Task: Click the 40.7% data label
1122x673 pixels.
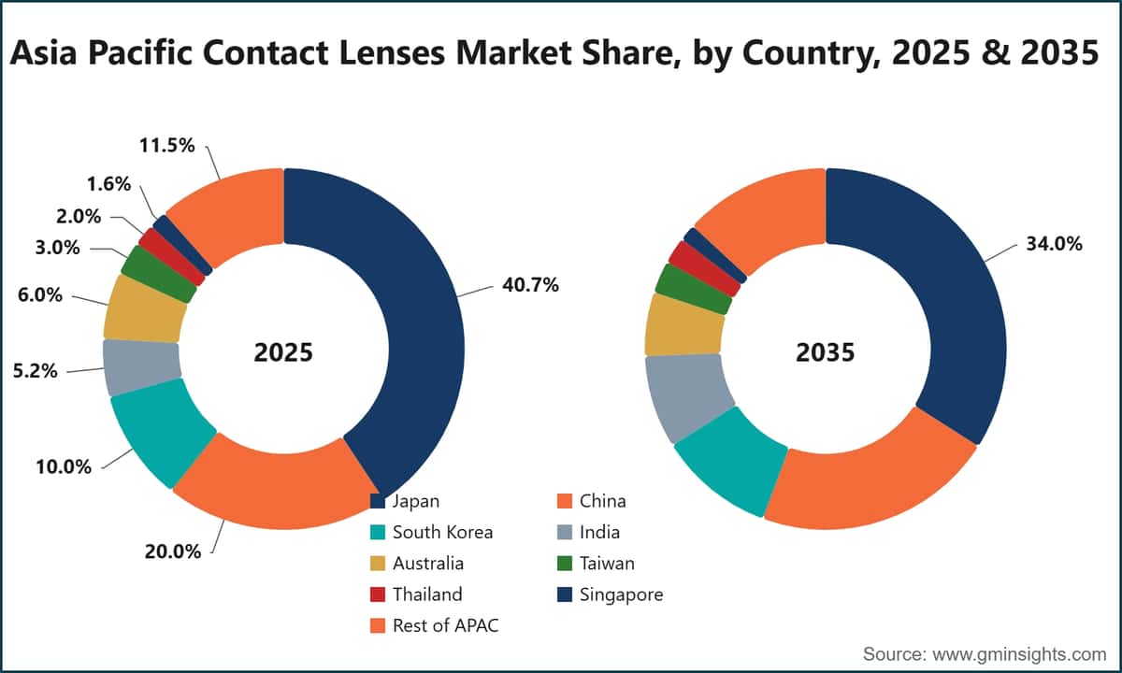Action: [x=530, y=285]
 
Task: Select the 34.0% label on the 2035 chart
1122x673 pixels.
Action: [x=1054, y=244]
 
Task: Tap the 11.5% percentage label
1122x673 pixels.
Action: [x=166, y=145]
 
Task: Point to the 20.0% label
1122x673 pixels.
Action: [x=173, y=551]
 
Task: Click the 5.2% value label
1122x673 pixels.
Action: [x=36, y=371]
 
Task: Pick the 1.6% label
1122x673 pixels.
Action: [x=108, y=184]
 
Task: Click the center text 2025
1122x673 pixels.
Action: [x=283, y=352]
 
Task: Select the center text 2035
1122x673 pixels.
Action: [x=825, y=352]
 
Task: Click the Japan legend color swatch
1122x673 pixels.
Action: [x=377, y=501]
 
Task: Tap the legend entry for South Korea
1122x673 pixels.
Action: [x=431, y=532]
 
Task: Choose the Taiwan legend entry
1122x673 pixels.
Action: [x=597, y=564]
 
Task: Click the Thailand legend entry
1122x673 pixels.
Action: [x=416, y=594]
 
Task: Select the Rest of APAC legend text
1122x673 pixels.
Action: [x=446, y=625]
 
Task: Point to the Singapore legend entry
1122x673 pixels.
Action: [x=611, y=594]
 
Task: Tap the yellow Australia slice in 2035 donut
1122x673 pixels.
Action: [x=683, y=325]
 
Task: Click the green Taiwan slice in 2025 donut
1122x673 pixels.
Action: [x=158, y=275]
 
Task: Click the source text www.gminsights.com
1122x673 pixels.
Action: [x=1019, y=654]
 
